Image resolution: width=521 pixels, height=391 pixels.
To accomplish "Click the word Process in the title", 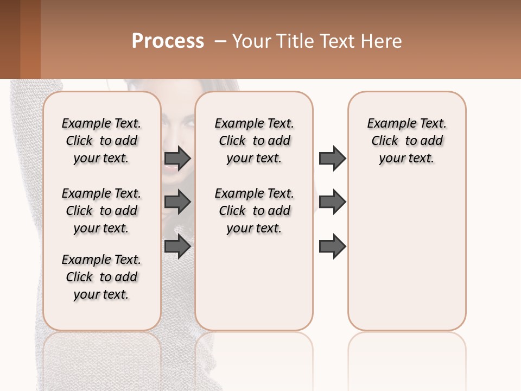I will [x=168, y=41].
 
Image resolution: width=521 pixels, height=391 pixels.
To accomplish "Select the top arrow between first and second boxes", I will [x=177, y=159].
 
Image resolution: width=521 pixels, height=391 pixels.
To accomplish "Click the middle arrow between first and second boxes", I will [x=177, y=203].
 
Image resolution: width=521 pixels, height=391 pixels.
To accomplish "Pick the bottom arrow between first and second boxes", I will [x=177, y=247].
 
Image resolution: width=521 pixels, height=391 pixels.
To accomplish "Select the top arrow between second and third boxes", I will [x=332, y=159].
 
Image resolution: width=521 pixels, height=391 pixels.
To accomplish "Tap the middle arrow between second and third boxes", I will [x=332, y=203].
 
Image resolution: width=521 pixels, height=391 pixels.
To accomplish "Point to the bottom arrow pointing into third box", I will [x=332, y=247].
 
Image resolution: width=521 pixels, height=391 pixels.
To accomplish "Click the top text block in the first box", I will [x=101, y=141].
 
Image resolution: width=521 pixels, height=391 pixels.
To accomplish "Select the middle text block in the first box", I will [x=101, y=211].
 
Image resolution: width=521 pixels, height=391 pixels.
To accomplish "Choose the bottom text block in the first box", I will [x=101, y=277].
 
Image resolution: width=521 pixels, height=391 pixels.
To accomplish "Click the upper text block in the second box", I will [x=255, y=141].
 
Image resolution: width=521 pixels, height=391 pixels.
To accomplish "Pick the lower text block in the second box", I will [x=255, y=211].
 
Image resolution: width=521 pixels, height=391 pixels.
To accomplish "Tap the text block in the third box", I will [x=407, y=141].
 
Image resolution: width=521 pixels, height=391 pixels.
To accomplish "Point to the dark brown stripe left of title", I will [x=10, y=39].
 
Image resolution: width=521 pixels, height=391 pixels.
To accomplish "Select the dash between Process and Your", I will [x=220, y=41].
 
